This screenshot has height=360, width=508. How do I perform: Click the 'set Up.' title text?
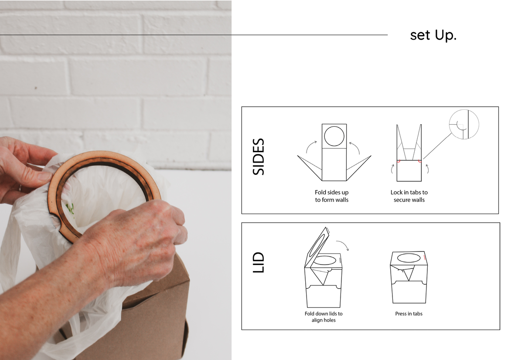coord(433,35)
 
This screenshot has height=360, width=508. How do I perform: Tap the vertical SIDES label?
coord(259,157)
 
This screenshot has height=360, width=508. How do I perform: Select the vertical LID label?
coord(259,262)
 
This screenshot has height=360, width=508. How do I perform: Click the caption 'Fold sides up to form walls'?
coord(332,196)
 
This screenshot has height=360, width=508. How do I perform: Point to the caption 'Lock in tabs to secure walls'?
coord(409,196)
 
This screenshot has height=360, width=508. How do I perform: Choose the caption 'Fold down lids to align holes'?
coord(324,317)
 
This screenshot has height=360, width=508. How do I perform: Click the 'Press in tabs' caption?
coord(409,314)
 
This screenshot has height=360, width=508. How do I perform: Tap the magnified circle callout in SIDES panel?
coord(464,125)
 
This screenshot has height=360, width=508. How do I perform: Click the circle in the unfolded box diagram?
coord(334,136)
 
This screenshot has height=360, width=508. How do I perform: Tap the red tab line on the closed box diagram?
coord(424,258)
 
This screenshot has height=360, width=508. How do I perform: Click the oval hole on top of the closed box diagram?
coord(409,258)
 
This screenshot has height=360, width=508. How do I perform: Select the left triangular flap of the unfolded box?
coord(310,168)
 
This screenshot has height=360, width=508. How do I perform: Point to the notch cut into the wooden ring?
coord(58,221)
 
